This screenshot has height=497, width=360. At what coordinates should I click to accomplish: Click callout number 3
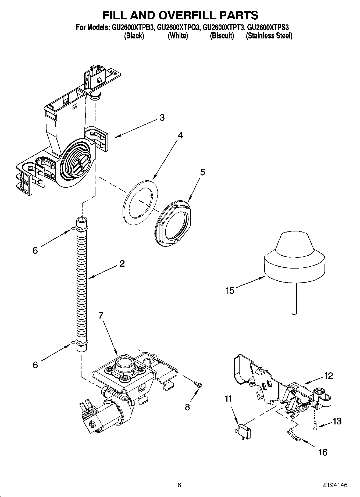click(x=162, y=117)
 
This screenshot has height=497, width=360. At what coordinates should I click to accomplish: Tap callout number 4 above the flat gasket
click(x=180, y=135)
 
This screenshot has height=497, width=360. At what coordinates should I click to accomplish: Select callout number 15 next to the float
click(x=230, y=291)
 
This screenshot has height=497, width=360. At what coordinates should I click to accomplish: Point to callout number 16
click(x=323, y=452)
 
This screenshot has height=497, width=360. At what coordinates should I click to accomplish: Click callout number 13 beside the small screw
click(x=337, y=421)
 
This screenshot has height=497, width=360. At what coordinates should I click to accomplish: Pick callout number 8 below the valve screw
click(x=187, y=407)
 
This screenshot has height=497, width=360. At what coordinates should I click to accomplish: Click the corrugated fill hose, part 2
click(x=82, y=282)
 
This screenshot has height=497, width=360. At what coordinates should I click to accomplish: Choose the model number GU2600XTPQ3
click(x=178, y=27)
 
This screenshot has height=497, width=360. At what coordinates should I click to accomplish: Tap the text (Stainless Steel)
click(x=269, y=36)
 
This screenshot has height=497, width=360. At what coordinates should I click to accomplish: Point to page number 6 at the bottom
click(x=179, y=485)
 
